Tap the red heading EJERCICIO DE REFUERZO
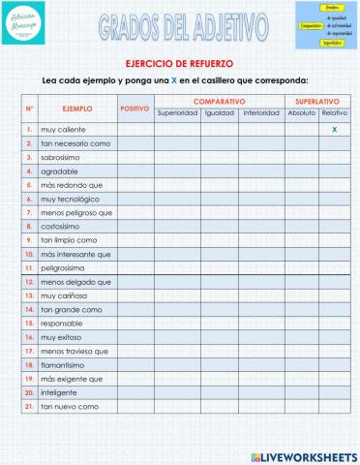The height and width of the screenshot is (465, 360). coord(179,63)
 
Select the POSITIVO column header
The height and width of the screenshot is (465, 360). coord(135,108)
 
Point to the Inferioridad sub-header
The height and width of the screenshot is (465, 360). coord(261,113)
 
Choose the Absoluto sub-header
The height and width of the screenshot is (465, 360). coord(302,113)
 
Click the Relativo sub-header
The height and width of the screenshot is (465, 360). coord(335,113)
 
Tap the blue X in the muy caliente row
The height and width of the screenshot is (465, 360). coord(334,129)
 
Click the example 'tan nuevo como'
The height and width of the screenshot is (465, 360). coord(70,407)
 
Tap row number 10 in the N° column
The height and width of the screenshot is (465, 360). coord(30,254)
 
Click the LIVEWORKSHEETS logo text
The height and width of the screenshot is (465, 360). coord(308,454)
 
